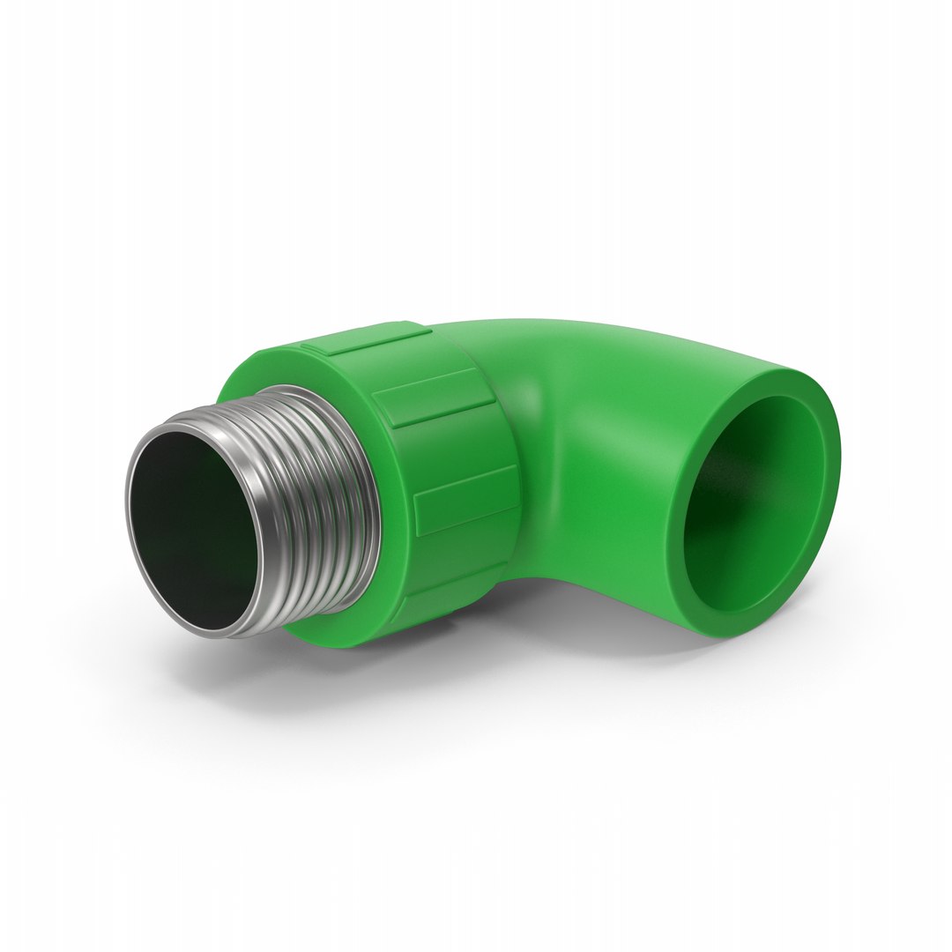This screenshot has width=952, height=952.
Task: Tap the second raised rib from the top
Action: point(432,398)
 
